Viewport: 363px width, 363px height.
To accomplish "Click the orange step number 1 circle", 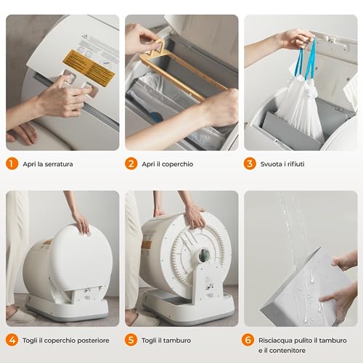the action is pyautogui.click(x=12, y=163).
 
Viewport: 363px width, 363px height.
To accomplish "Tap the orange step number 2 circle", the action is pyautogui.click(x=131, y=163).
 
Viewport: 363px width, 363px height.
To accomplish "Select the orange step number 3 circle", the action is pyautogui.click(x=250, y=163).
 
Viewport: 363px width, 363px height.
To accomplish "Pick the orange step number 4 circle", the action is pyautogui.click(x=12, y=340).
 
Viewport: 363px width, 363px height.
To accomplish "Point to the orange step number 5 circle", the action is pyautogui.click(x=131, y=340).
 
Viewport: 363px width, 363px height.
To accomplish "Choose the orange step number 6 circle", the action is pyautogui.click(x=248, y=340).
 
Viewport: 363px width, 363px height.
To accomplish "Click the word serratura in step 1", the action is pyautogui.click(x=59, y=164).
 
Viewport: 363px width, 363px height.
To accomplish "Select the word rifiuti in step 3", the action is pyautogui.click(x=296, y=164).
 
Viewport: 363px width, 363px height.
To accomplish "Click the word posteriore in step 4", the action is pyautogui.click(x=94, y=340).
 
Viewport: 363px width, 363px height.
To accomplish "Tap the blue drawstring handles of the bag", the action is pyautogui.click(x=305, y=59).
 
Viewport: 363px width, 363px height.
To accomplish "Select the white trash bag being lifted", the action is pyautogui.click(x=299, y=105).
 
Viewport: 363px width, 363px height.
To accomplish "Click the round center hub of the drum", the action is pyautogui.click(x=204, y=256).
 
